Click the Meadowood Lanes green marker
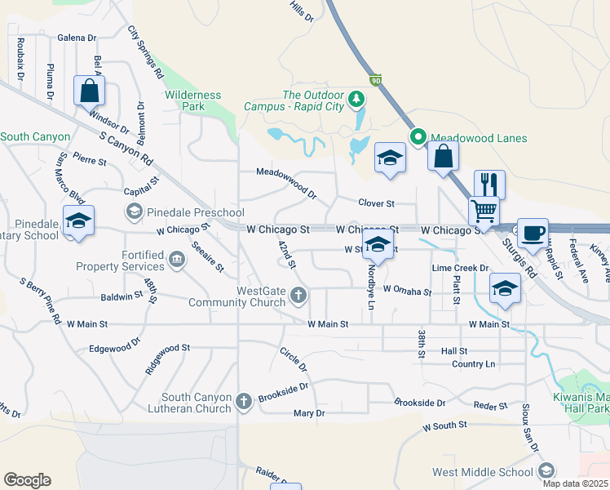coord(418,137)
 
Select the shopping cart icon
coord(484,212)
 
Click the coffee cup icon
coord(533,233)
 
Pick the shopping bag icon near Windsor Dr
coord(90,90)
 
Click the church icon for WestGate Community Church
coord(299,295)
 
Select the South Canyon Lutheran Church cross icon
coord(243,401)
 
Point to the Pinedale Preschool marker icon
coord(135,212)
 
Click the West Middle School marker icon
coord(546,470)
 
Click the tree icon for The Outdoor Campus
coord(356,100)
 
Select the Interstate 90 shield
coord(375,80)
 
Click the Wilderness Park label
coord(193,100)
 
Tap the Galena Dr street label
coord(77,38)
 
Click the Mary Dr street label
coord(309,413)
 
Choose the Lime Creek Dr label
coord(460,268)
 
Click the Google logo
coord(27,479)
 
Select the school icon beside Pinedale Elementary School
coord(79,221)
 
